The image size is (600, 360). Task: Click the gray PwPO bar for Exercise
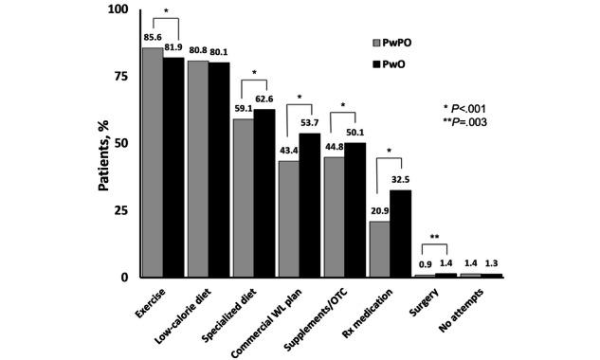click(152, 162)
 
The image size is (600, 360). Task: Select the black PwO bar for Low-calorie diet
click(219, 170)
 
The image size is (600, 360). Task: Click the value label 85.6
click(151, 38)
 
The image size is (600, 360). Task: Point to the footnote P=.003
click(469, 122)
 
